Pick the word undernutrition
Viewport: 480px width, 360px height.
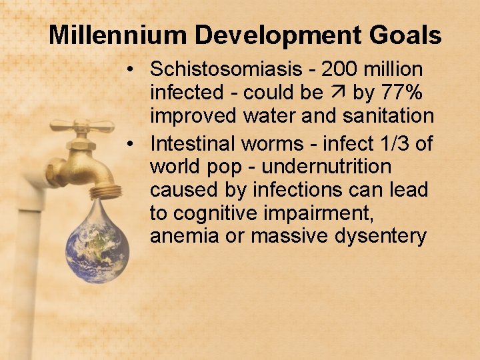tap(326, 166)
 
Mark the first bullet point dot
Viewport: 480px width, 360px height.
tap(135, 69)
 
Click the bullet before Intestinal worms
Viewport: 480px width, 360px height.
tap(135, 143)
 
